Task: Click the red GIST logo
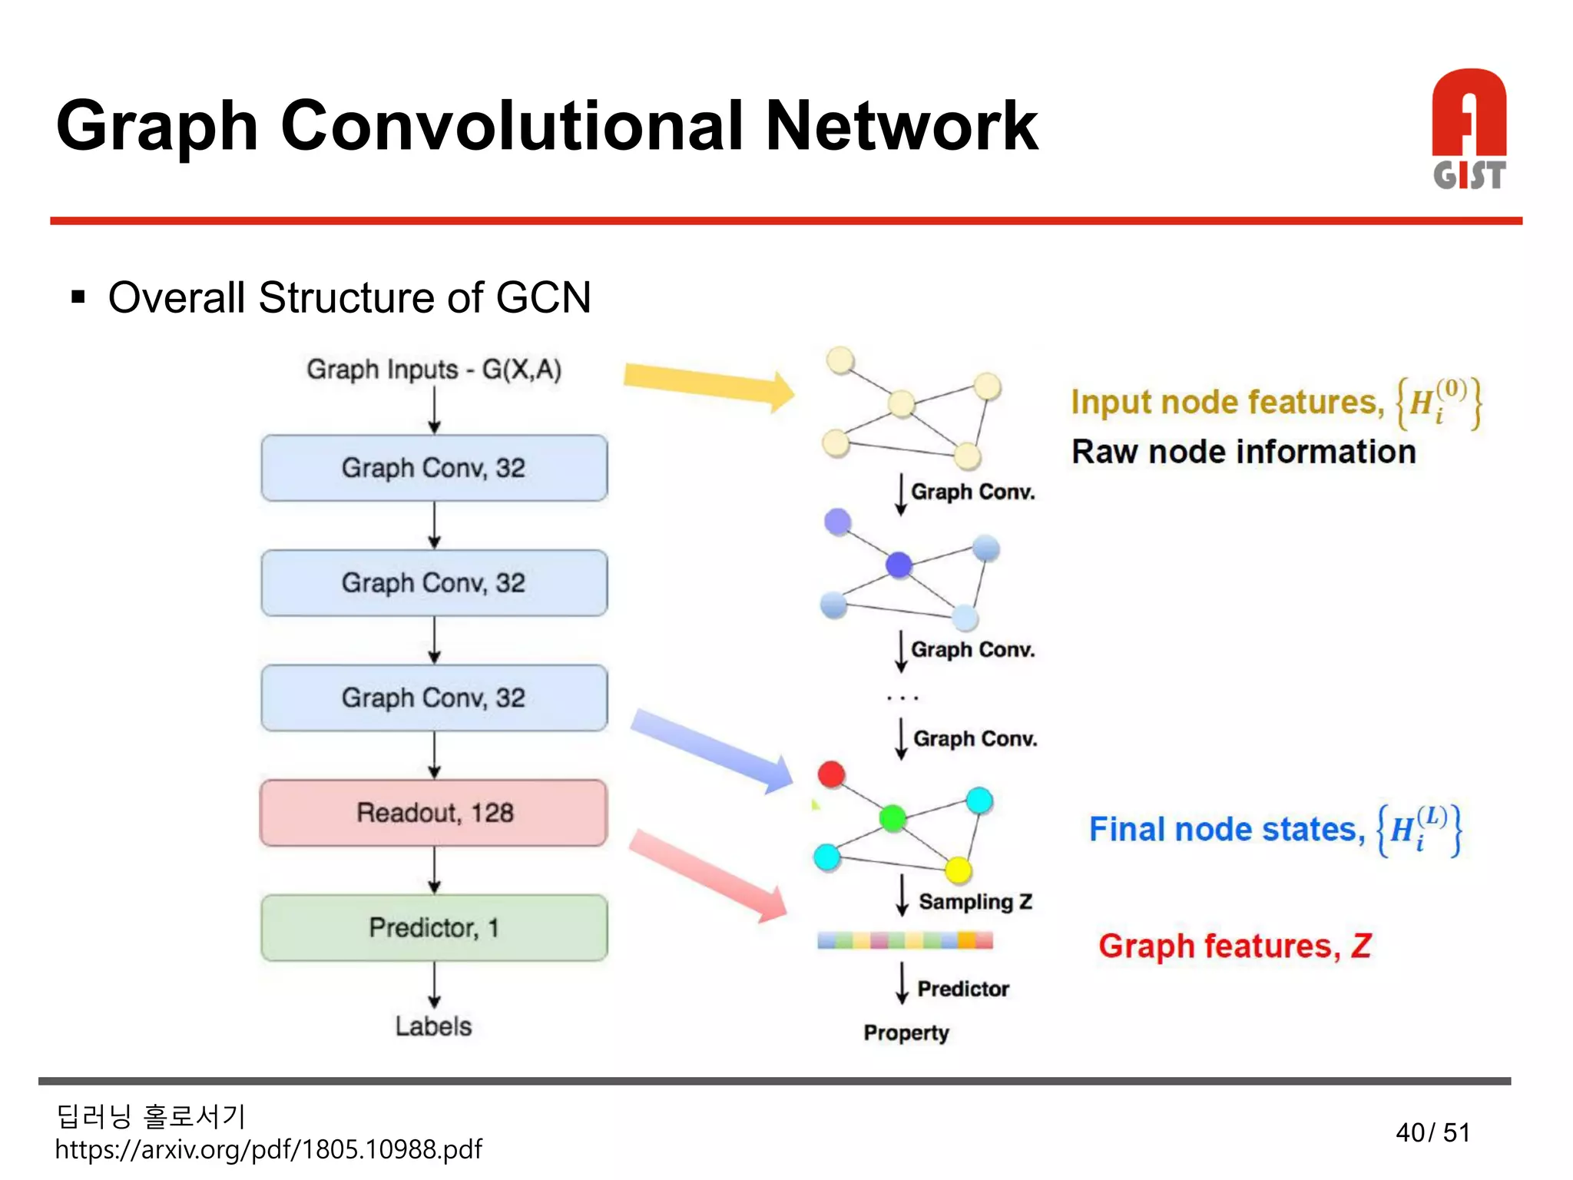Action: point(1469,129)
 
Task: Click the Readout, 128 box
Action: point(434,813)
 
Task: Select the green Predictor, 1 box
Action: point(434,928)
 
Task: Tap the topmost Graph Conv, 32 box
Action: point(434,468)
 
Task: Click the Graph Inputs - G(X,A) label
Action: point(434,370)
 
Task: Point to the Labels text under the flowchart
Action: point(433,1026)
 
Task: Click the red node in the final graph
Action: point(831,774)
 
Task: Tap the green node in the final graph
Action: point(892,818)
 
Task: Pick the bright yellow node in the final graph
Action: point(958,870)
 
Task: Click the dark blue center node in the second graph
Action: point(899,565)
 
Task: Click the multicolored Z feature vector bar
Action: point(905,940)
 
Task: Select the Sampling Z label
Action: point(975,902)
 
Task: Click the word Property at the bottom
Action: point(906,1032)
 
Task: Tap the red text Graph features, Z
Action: point(1234,946)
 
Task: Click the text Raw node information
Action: point(1243,452)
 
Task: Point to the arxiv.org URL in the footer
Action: point(268,1149)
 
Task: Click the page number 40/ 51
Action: point(1432,1132)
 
